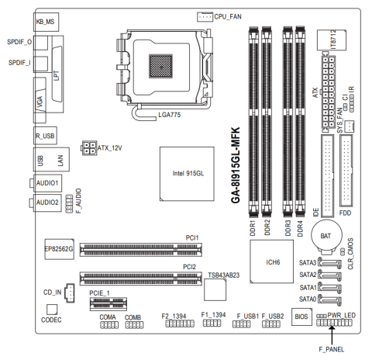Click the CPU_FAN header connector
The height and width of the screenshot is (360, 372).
coord(205,17)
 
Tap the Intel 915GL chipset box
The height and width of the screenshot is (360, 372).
coord(187,174)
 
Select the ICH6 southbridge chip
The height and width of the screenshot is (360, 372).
coord(271,261)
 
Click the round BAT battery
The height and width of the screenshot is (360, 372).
coord(326,235)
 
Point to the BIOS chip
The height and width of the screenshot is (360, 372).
coord(301,317)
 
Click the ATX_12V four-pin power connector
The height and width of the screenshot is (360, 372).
coord(89,148)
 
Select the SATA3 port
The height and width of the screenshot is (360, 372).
coord(330,263)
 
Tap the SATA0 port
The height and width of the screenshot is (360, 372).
coord(330,300)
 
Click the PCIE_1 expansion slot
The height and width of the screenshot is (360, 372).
coord(108,304)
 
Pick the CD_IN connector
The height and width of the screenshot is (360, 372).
coord(70,292)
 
